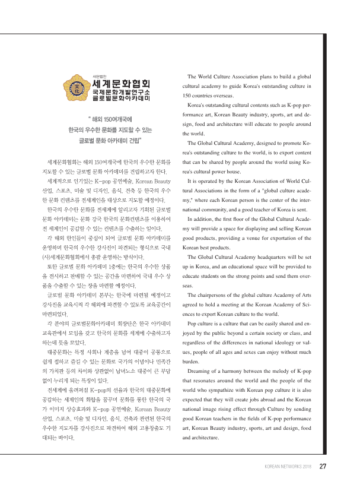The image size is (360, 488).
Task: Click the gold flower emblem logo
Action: point(77,91)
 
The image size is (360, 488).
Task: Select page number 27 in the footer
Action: point(323,465)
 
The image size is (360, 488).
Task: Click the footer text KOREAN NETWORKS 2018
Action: point(288,466)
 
